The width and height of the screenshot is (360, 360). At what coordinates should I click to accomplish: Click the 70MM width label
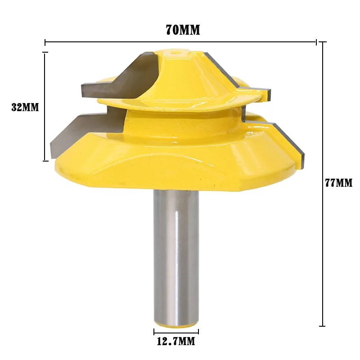tap(183, 30)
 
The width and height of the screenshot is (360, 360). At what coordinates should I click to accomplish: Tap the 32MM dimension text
tap(25, 108)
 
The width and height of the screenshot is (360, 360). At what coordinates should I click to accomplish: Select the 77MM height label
tap(338, 183)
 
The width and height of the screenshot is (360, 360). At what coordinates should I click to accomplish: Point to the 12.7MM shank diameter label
tap(176, 342)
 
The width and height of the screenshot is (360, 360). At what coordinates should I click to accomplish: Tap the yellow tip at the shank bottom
tap(176, 323)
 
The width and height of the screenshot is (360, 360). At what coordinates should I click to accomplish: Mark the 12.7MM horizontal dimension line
tap(176, 333)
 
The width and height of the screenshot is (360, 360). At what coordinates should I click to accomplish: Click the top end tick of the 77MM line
tap(322, 42)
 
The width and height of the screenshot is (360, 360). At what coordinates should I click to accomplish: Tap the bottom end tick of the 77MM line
tap(322, 326)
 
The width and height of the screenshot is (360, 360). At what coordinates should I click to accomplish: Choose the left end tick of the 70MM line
tap(45, 42)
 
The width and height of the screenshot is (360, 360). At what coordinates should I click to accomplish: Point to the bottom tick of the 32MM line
tap(45, 161)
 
